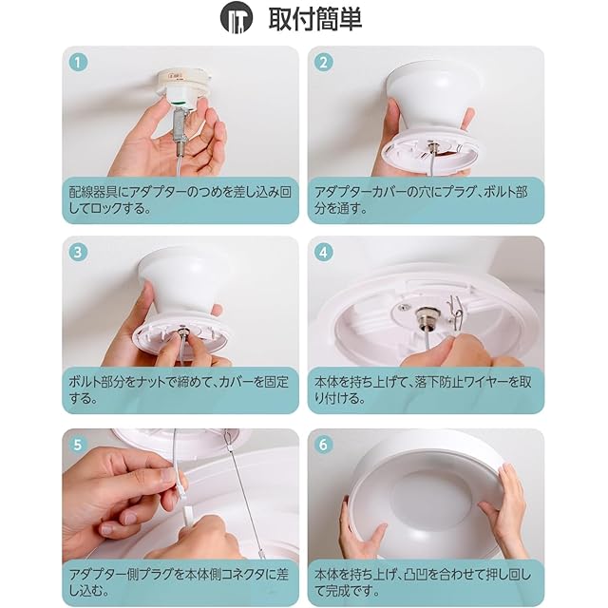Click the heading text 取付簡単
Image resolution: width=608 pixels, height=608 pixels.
click(x=315, y=19)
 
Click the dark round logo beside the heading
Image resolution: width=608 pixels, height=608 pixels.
click(x=237, y=18)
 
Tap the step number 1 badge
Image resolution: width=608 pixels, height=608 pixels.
click(x=78, y=63)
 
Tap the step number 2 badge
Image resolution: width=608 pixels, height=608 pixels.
click(x=323, y=63)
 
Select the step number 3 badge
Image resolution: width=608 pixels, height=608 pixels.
click(x=78, y=253)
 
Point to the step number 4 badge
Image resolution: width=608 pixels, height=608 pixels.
click(x=323, y=253)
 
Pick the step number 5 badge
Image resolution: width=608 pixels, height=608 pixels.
click(x=78, y=445)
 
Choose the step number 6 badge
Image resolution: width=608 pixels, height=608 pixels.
click(x=323, y=445)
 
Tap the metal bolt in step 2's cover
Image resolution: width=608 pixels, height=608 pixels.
click(x=430, y=146)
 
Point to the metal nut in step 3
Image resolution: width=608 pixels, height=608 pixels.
click(x=181, y=330)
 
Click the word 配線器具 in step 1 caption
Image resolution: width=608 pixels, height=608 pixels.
click(x=93, y=192)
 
